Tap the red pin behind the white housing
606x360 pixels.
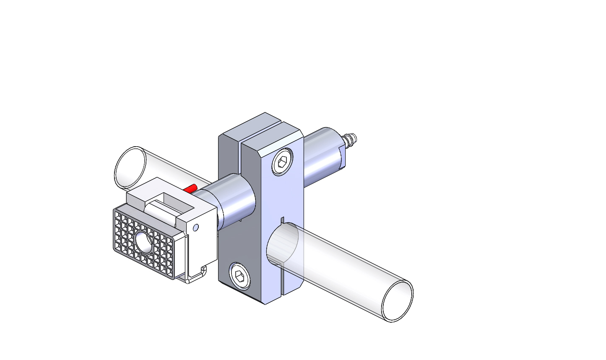click(191, 188)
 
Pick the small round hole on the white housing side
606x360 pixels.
click(195, 228)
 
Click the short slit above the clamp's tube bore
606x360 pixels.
click(282, 220)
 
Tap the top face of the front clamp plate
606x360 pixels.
click(273, 138)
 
